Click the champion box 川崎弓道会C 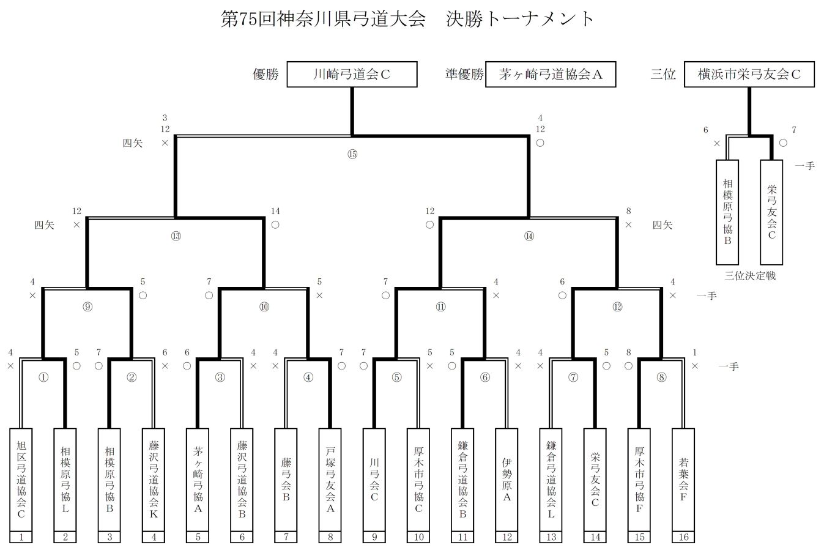(352, 74)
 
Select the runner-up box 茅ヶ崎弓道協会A (551, 74)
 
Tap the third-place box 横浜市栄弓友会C (749, 74)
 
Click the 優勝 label (265, 74)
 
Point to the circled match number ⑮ (352, 154)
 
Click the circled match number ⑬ (176, 236)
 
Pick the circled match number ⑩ (264, 307)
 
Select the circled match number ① (43, 377)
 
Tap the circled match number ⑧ (661, 377)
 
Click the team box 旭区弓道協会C (21, 480)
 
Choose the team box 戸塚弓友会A (330, 480)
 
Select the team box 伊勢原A (507, 480)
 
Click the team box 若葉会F (683, 480)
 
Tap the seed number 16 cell (683, 537)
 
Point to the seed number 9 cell (374, 537)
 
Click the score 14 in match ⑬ (275, 211)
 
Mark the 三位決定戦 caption (750, 276)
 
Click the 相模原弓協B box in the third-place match (727, 212)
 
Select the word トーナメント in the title (539, 19)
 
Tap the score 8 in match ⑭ (629, 211)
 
